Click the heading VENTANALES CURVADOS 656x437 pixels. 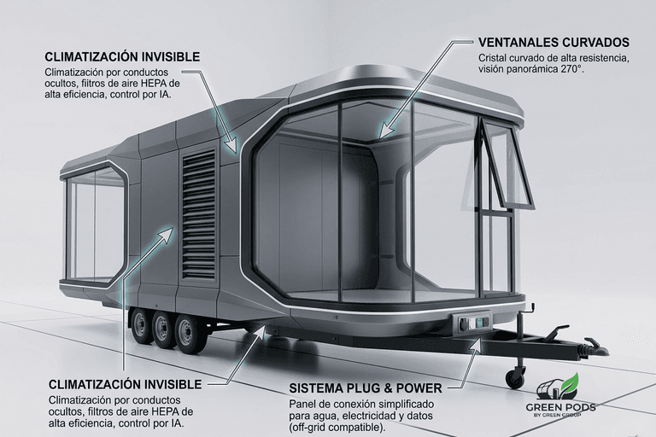[x=553, y=42]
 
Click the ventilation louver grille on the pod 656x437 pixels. [x=199, y=213]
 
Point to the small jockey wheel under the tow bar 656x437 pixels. [x=515, y=376]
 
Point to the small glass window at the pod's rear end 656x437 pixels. [x=94, y=224]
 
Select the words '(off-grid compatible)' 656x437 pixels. [x=337, y=427]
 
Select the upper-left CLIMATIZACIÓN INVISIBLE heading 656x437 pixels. [x=123, y=57]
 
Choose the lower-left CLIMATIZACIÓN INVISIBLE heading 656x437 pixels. [x=125, y=385]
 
